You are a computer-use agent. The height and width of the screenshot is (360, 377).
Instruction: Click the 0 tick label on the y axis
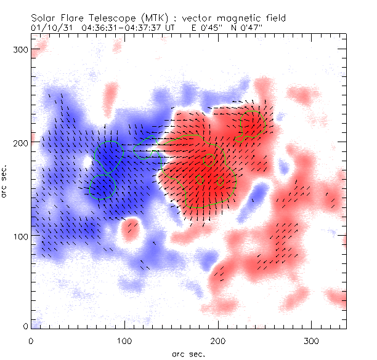pyautogui.click(x=25, y=326)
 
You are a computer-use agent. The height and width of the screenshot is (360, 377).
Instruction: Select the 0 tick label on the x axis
pyautogui.click(x=31, y=340)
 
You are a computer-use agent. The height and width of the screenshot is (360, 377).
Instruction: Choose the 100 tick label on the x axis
pyautogui.click(x=124, y=340)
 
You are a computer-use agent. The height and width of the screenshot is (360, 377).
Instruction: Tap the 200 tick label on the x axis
pyautogui.click(x=218, y=340)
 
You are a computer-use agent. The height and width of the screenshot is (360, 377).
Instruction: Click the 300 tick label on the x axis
pyautogui.click(x=312, y=340)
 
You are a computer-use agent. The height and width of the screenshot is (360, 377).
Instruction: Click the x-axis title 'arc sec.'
pyautogui.click(x=188, y=353)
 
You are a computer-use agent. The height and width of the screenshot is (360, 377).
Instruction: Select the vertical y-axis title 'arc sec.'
pyautogui.click(x=5, y=181)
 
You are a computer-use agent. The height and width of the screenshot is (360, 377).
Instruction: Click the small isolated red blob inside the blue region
pyautogui.click(x=130, y=230)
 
